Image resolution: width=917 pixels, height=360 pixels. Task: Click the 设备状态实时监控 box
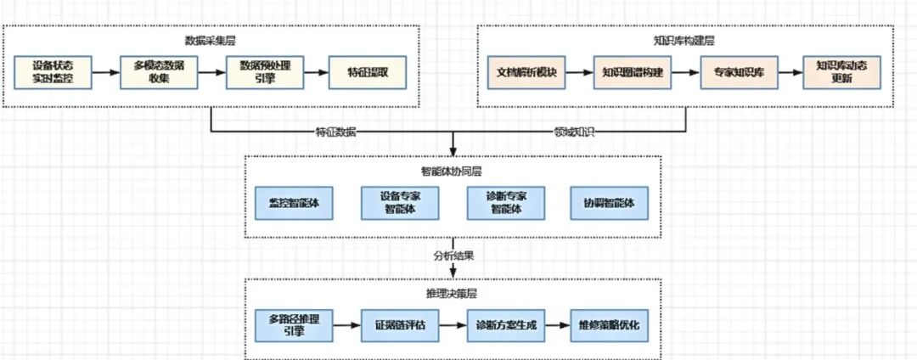[53, 72]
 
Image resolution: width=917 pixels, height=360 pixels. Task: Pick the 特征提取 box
[368, 72]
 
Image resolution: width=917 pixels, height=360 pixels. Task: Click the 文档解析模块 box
[526, 72]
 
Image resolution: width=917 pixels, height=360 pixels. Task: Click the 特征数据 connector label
[335, 132]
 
